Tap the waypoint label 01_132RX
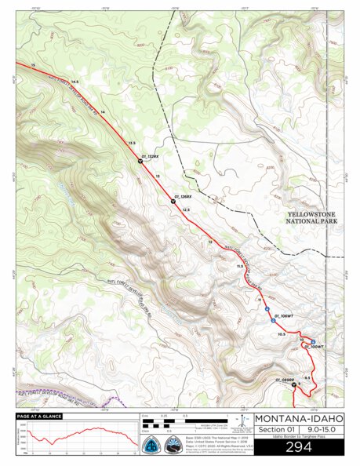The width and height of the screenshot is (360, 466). tap(151, 156)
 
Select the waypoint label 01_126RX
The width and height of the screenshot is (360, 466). tap(183, 195)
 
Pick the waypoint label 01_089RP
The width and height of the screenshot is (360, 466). tap(284, 379)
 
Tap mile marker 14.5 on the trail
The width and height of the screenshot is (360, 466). tap(75, 82)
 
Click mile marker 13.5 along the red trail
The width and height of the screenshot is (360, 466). tap(132, 142)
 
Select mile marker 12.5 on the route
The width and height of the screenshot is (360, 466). tap(187, 209)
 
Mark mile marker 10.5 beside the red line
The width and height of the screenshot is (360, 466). tap(281, 333)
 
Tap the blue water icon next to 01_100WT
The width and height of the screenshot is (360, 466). tap(313, 340)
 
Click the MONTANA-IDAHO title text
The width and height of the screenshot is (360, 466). tap(298, 418)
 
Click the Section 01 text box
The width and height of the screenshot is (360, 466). tap(272, 429)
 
